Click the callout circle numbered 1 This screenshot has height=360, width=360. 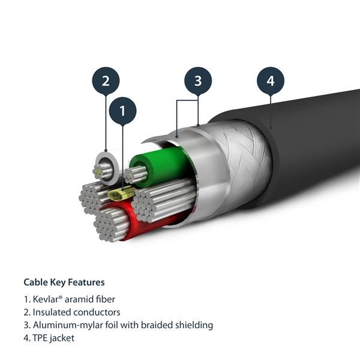(x=122, y=111)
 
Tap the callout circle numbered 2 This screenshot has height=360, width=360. (x=106, y=81)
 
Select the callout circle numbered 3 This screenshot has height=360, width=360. (x=197, y=80)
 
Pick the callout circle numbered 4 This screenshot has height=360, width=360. (x=270, y=80)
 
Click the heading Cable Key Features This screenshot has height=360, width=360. (x=64, y=282)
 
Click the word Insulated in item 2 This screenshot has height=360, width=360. (x=50, y=312)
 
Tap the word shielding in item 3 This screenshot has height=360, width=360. (x=193, y=325)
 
